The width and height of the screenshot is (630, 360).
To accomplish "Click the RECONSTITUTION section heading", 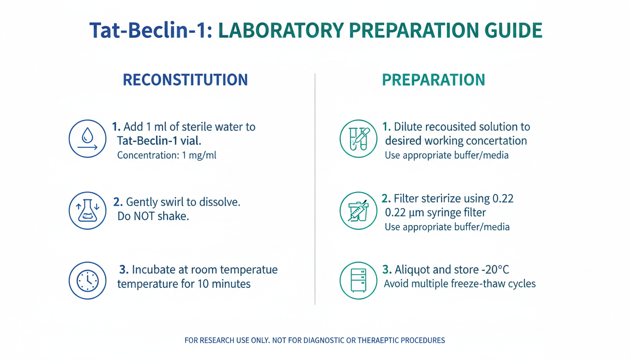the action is pos(185,80).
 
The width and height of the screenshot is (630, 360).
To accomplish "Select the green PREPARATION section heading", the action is pos(434,80).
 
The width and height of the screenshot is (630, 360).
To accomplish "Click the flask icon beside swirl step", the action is pos(88,210).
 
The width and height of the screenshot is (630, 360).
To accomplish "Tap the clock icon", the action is pos(88,281).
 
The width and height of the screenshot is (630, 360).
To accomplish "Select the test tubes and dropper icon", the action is pos(358,139).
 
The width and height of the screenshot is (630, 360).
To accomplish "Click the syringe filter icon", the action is pos(358,210).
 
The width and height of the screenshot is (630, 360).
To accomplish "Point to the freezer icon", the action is pos(358,281).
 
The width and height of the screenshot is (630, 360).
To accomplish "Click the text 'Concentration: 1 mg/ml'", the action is pos(167,155).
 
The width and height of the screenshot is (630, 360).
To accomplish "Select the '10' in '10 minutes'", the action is pos(203,284).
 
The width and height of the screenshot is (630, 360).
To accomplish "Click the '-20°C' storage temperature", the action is pos(495,270).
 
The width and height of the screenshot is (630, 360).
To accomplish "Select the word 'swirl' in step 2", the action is pos(170,202).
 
